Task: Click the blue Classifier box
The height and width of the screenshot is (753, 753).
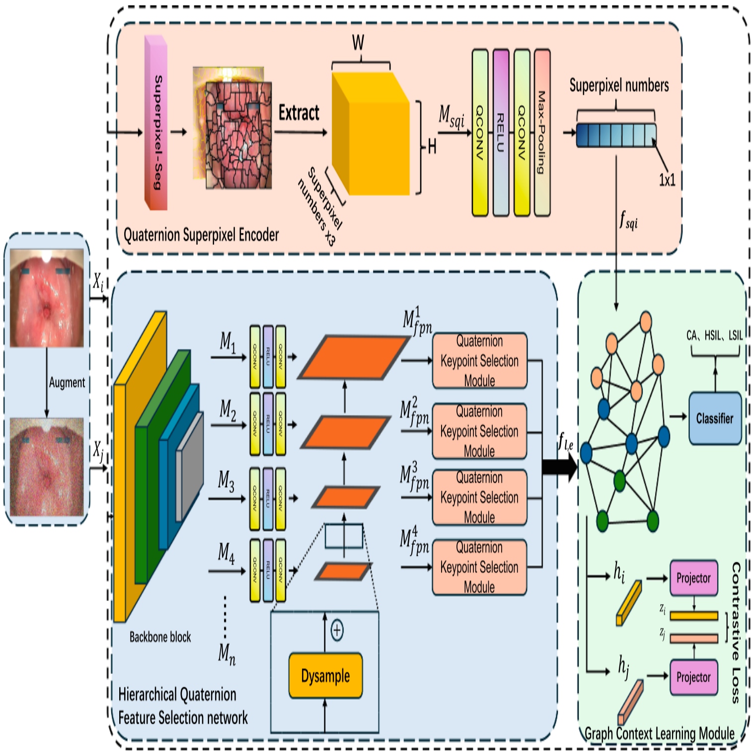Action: click(x=715, y=418)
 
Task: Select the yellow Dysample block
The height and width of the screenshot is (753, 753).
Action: click(x=325, y=676)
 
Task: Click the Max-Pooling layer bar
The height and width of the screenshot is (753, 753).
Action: click(x=542, y=133)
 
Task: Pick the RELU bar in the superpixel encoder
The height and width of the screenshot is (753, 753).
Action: click(x=501, y=133)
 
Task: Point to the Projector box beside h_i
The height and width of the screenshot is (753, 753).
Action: click(x=693, y=578)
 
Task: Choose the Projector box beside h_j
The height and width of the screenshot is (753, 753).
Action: click(x=693, y=678)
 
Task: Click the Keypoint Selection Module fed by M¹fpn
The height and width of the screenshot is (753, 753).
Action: click(x=479, y=361)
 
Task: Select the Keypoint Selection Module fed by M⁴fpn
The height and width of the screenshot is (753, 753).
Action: click(x=479, y=567)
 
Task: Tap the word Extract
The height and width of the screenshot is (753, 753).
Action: click(x=299, y=113)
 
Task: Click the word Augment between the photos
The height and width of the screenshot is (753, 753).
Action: click(x=67, y=382)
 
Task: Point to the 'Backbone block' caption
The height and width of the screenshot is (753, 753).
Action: click(x=160, y=637)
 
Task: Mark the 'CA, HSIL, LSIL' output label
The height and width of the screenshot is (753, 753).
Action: click(x=714, y=336)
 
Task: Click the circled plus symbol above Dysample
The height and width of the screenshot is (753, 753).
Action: click(x=337, y=630)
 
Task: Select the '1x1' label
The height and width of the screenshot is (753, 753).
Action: click(x=667, y=180)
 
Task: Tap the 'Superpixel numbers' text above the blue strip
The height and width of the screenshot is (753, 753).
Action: click(x=619, y=85)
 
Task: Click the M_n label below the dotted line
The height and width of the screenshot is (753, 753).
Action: click(x=226, y=654)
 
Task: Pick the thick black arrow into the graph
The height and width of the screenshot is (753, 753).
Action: click(x=559, y=467)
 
